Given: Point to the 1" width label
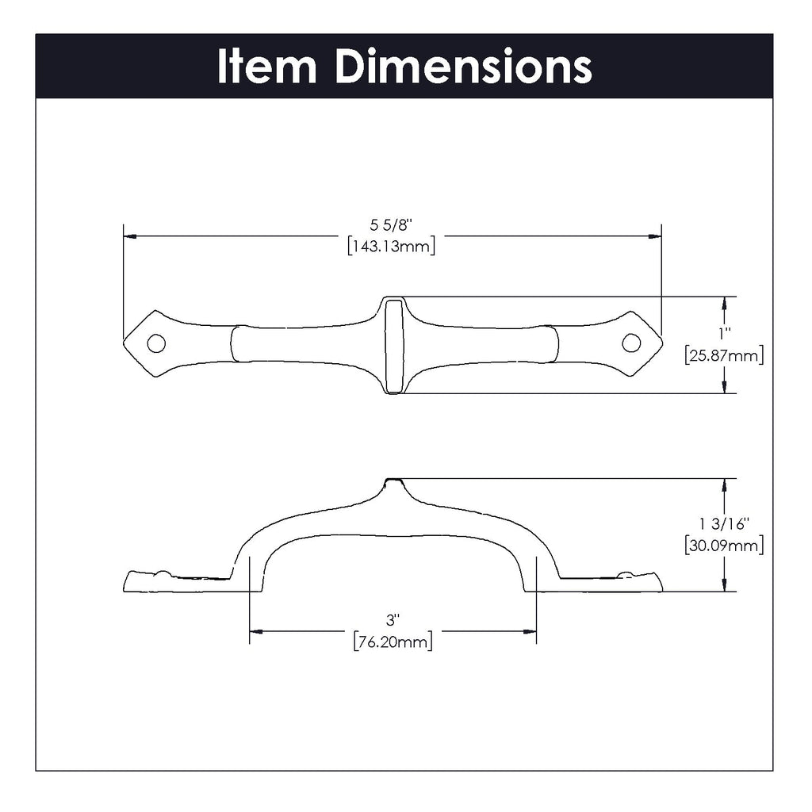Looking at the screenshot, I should [723, 336].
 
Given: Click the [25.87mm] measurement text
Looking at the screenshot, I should [723, 356].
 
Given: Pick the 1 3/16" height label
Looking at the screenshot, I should [723, 525].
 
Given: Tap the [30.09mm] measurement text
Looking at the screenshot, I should [723, 545].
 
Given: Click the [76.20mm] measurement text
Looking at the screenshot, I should [393, 642].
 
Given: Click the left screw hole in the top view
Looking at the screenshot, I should [157, 343].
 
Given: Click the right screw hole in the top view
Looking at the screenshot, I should [630, 343].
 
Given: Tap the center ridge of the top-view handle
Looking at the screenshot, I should [393, 345].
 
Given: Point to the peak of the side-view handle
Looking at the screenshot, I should [393, 481].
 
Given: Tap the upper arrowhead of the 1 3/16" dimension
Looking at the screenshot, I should [723, 485].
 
